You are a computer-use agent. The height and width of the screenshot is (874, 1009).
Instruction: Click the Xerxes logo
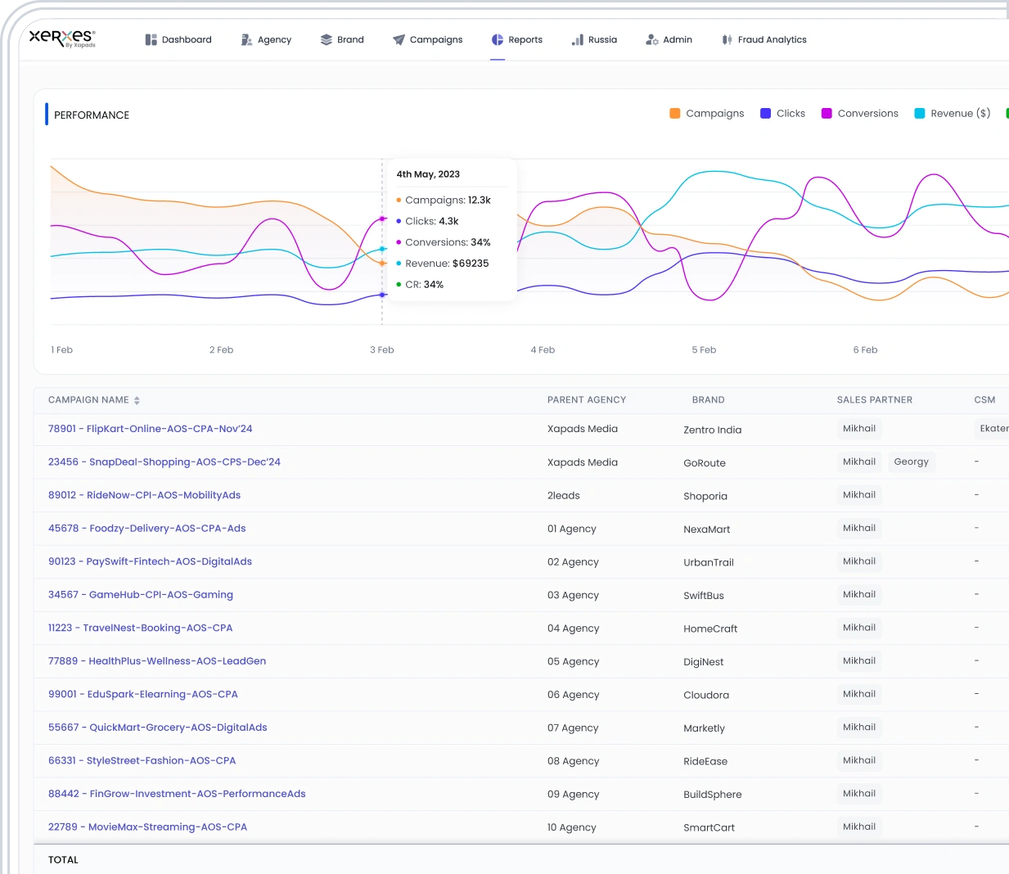coord(62,38)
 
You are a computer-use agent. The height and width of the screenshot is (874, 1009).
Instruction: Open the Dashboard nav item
coord(178,39)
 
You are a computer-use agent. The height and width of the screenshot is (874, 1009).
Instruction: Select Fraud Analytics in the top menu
coord(764,39)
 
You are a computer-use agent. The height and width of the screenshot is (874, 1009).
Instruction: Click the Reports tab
coord(517,39)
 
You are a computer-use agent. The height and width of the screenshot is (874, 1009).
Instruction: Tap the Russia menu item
coord(594,39)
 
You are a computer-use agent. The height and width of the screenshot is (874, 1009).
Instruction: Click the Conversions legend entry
coord(859,113)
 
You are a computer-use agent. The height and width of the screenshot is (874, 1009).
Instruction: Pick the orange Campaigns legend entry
coord(707,113)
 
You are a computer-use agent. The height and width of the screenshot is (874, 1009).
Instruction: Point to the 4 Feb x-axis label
coord(543,349)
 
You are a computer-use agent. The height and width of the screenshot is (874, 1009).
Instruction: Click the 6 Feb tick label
coord(865,349)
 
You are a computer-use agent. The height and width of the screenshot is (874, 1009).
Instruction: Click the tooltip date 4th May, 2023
coord(428,174)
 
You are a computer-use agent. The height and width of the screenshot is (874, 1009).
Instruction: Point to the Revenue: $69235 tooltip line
coord(443,264)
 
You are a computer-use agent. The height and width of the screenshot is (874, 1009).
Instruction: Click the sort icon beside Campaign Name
coord(137,400)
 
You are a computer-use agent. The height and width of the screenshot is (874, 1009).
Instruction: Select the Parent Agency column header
coord(587,400)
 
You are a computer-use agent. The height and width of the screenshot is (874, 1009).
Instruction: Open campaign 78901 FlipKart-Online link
coord(151,429)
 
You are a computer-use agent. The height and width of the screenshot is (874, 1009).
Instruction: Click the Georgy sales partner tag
coord(912,462)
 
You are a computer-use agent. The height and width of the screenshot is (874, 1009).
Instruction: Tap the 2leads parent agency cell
coord(563,495)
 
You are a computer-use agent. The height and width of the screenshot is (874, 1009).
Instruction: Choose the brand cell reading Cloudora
coord(706,695)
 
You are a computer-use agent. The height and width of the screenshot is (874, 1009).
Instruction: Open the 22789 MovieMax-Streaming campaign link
coord(147,827)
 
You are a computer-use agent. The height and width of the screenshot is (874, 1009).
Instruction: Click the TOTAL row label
coord(63,860)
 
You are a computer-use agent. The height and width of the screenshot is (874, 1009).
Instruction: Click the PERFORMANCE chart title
coord(92,115)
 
